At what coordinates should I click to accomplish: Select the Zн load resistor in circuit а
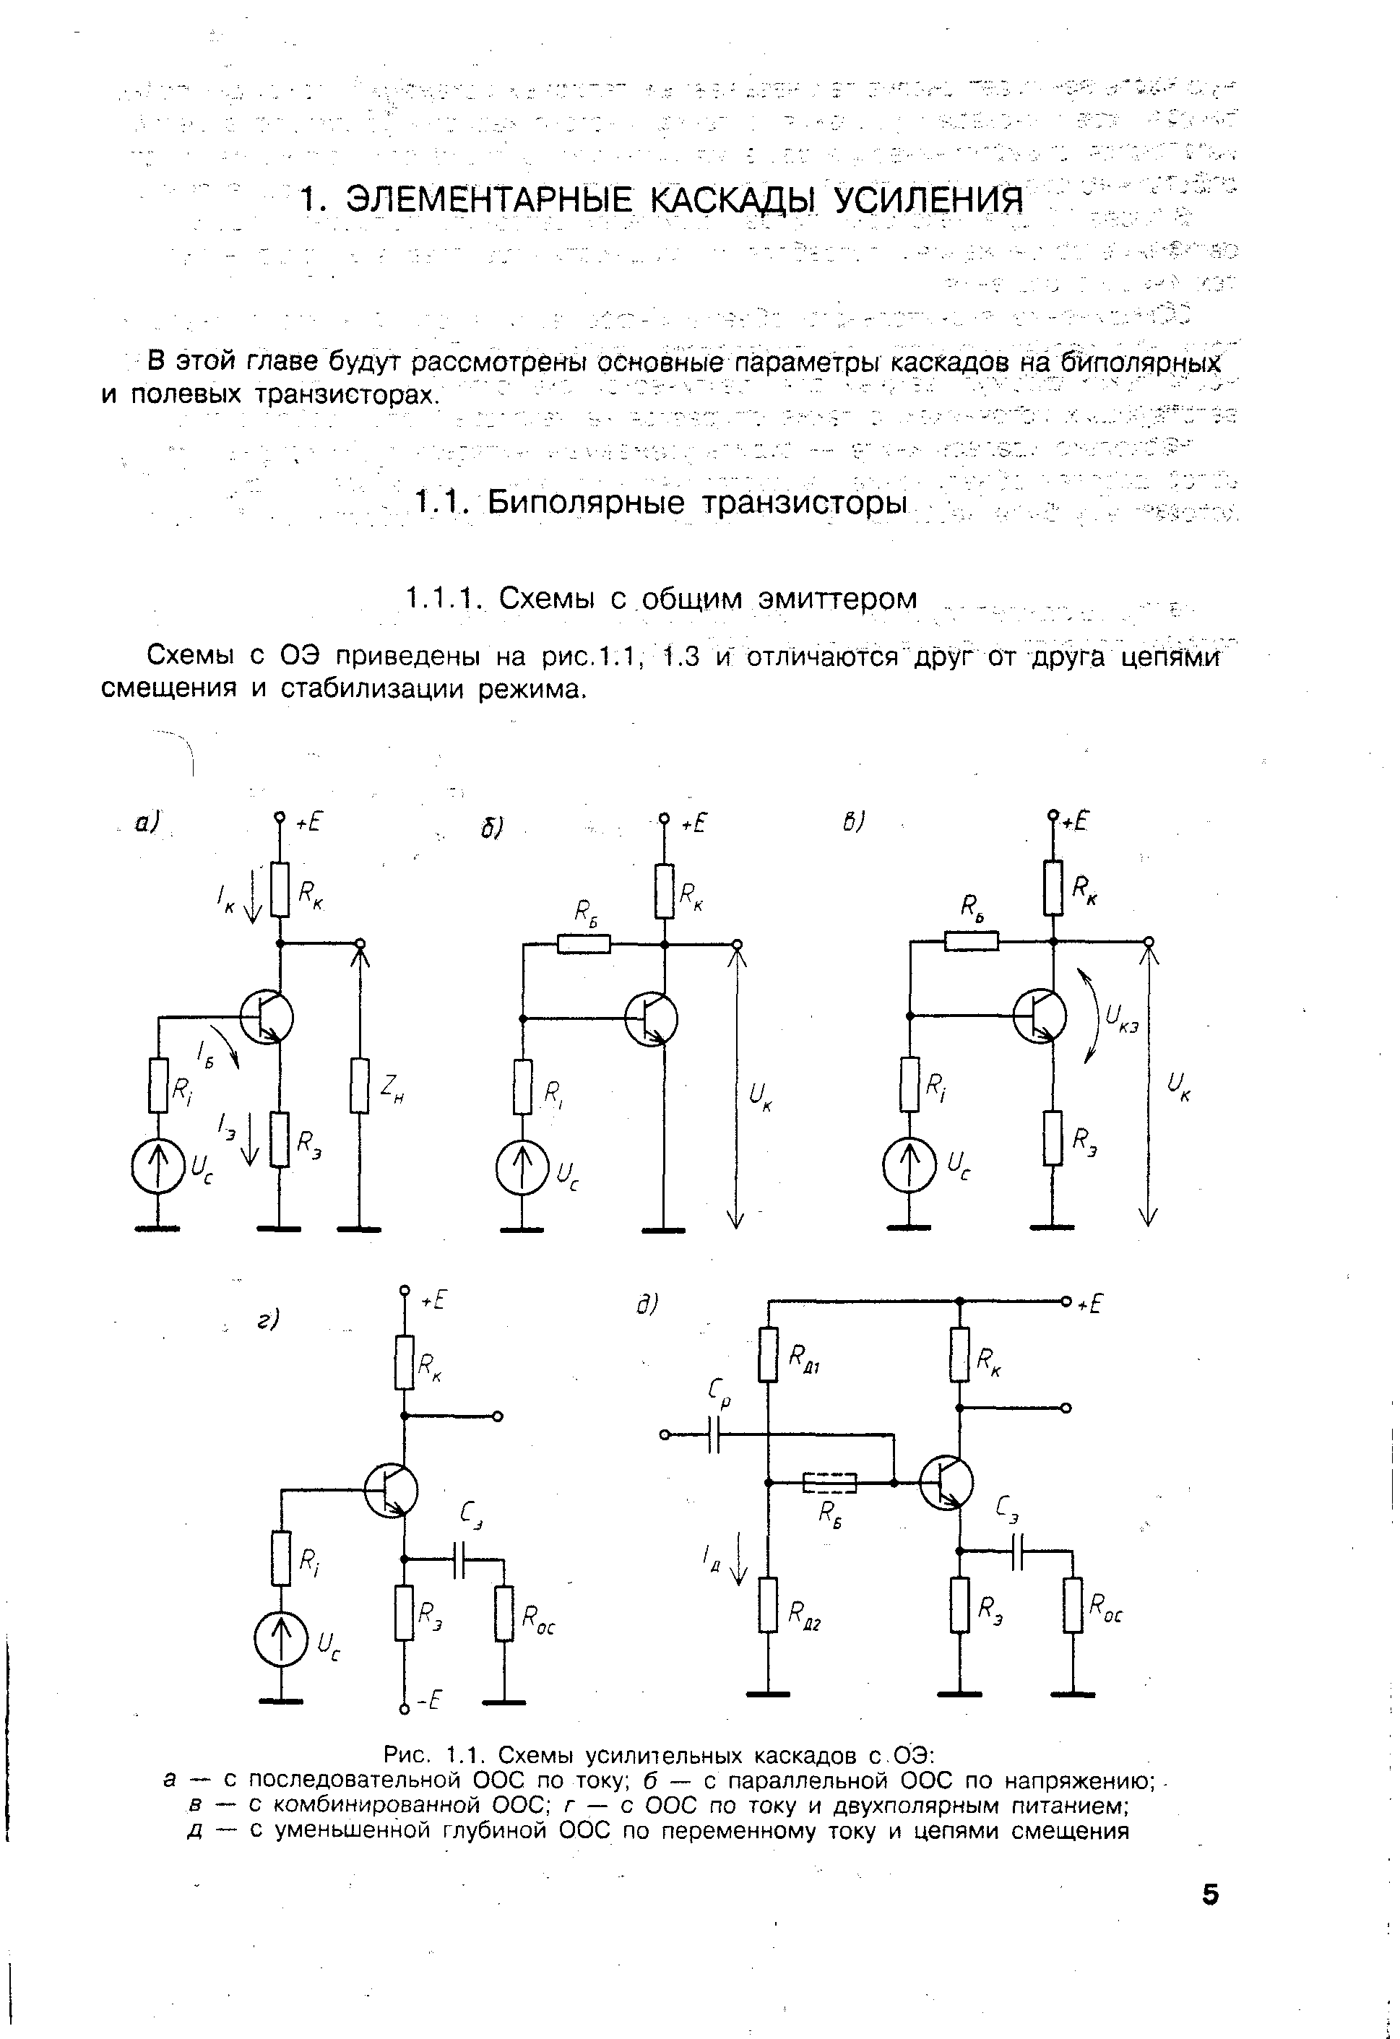click(359, 1086)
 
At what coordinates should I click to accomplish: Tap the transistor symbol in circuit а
click(266, 1017)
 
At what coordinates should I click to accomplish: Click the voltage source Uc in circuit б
click(522, 1168)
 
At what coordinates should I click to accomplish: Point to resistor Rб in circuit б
click(584, 943)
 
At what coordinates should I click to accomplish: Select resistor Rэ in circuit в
click(1053, 1138)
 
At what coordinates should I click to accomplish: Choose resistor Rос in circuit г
click(504, 1613)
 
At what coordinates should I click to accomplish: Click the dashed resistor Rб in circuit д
click(829, 1482)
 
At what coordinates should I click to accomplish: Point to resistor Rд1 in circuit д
click(768, 1356)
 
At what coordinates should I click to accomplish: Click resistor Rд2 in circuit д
click(768, 1605)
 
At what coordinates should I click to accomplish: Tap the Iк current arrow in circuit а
click(252, 895)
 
